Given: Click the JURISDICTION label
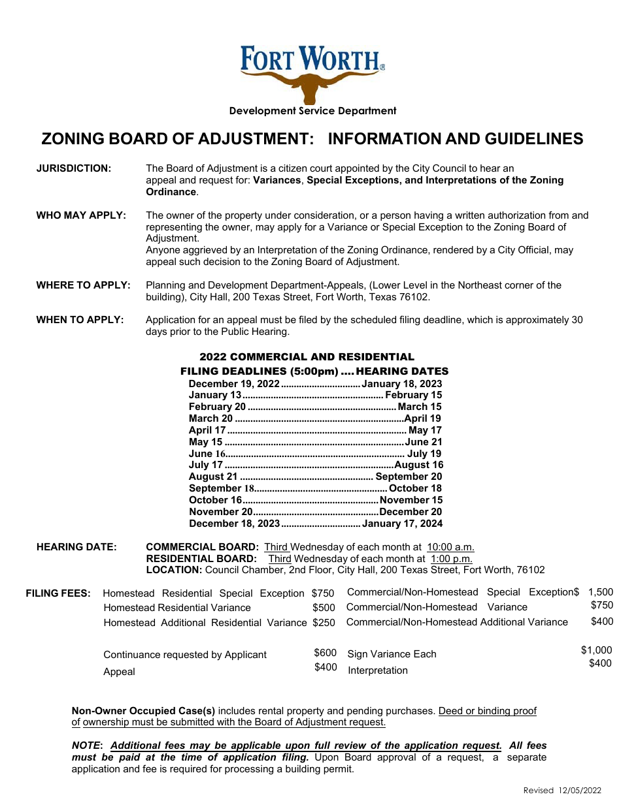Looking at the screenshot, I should point(73,168).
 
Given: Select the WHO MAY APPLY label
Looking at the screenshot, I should point(81,215).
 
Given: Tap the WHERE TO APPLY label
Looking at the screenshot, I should point(83,285).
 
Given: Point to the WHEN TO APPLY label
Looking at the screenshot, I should point(80,320).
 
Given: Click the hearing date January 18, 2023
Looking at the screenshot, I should point(402,384).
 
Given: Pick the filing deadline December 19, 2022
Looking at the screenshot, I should point(234,384).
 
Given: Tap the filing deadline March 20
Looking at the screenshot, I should point(210,418).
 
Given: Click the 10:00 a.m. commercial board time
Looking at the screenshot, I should point(450,547).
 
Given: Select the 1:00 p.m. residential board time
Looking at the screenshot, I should point(451,559).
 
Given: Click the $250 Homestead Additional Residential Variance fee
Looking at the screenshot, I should point(324,623).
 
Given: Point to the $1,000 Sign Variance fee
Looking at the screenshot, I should point(596,650).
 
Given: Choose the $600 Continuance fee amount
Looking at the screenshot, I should point(326,653).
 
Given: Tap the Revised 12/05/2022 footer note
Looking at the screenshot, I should point(562,791).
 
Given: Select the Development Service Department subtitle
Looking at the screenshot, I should point(312,111).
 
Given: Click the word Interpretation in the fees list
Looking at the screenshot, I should point(378,670).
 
